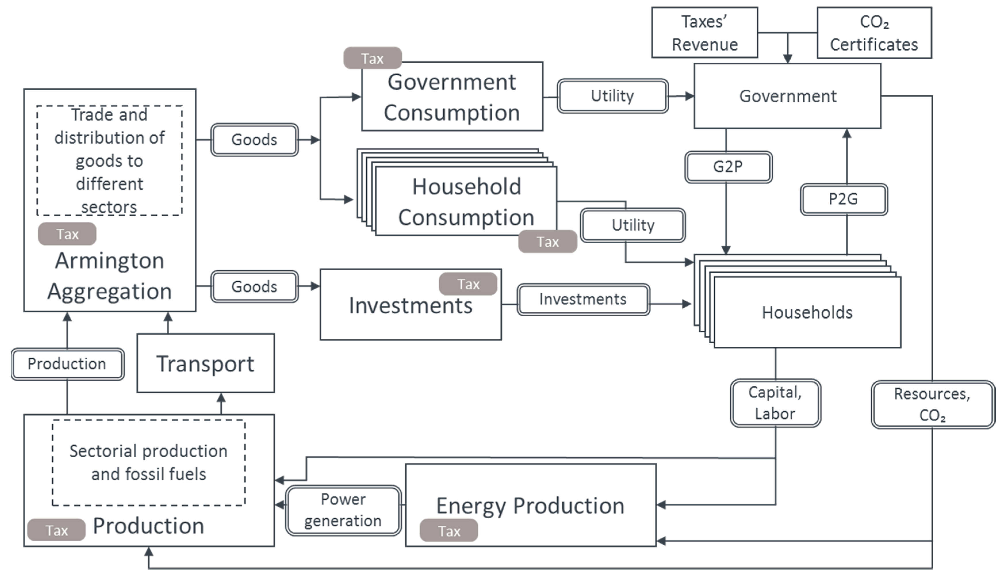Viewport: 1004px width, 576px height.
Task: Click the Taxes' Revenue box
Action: [705, 33]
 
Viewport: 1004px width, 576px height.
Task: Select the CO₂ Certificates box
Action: [874, 33]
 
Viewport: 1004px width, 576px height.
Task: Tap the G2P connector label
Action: [728, 167]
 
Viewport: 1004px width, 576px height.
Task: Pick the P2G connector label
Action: [844, 199]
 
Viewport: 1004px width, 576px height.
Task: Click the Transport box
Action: [206, 363]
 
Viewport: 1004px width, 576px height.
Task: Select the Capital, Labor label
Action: [775, 403]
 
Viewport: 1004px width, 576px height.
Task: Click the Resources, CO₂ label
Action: [932, 404]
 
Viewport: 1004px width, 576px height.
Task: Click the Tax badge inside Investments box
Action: [468, 284]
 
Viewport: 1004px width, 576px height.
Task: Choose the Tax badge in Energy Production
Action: [449, 531]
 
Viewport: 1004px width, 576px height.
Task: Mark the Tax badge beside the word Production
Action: [56, 530]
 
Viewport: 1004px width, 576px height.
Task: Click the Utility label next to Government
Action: [612, 96]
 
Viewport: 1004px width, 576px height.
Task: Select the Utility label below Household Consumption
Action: [633, 225]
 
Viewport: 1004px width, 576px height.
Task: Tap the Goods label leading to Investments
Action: [254, 286]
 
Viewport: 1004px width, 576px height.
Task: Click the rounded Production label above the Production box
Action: [67, 364]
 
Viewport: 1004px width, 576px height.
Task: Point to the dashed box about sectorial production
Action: [148, 463]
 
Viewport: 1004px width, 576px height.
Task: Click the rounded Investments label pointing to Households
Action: [583, 299]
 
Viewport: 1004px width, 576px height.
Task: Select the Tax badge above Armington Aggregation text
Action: [67, 234]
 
